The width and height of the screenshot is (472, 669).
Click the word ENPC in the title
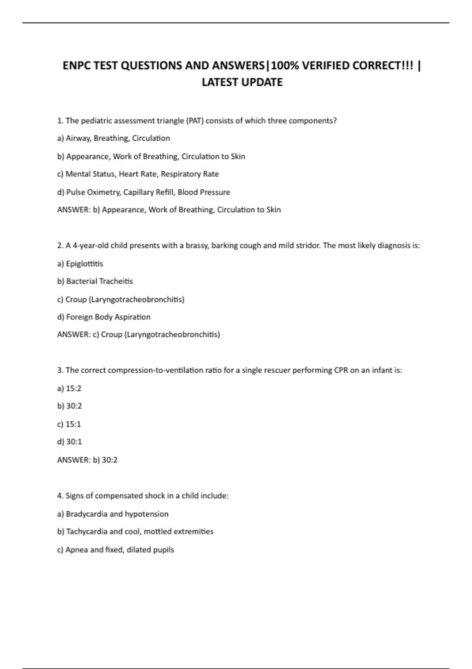pos(77,65)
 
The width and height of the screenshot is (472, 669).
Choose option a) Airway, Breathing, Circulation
pos(113,139)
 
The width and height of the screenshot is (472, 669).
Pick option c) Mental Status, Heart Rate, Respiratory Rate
pos(138,174)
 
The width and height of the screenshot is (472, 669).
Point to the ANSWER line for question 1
pos(169,210)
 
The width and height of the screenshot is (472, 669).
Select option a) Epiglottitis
pos(80,264)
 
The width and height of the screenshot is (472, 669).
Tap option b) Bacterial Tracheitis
pos(95,281)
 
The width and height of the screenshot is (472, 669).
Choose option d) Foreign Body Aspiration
pos(103,317)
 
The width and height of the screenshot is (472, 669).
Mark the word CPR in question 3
pos(341,370)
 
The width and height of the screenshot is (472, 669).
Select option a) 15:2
pos(69,388)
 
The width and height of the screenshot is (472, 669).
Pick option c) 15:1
pos(69,424)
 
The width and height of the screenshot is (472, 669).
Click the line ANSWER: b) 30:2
pos(87,460)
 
